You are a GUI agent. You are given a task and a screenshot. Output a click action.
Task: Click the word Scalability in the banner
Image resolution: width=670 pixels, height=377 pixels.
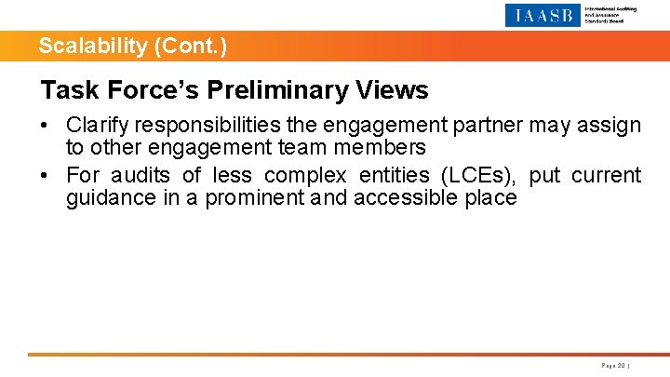click(79, 46)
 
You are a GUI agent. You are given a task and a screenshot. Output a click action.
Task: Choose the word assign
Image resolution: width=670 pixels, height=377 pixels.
click(610, 126)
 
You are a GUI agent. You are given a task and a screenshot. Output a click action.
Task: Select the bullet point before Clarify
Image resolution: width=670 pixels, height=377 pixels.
click(46, 126)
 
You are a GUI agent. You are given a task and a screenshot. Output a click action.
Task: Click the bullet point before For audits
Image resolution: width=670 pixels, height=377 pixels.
click(46, 175)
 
